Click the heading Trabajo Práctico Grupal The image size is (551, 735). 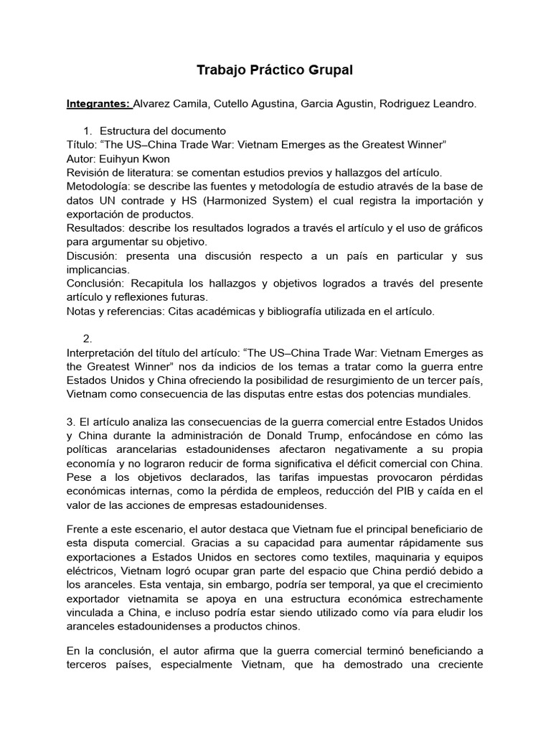click(275, 70)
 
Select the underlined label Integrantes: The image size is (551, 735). click(98, 104)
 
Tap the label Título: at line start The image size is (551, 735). click(82, 145)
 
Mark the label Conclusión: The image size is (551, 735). click(96, 284)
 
